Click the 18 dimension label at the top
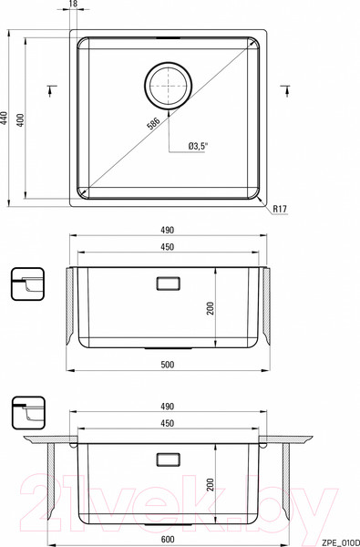coord(74,4)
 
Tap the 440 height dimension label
coord(4,119)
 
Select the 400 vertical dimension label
coord(21,119)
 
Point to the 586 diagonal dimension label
coord(153,123)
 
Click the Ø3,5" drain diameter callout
coord(198,147)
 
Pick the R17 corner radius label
coord(280,209)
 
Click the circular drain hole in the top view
coord(168,85)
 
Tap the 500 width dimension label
coord(168,365)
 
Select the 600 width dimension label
coord(168,539)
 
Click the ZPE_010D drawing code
coord(341,543)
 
